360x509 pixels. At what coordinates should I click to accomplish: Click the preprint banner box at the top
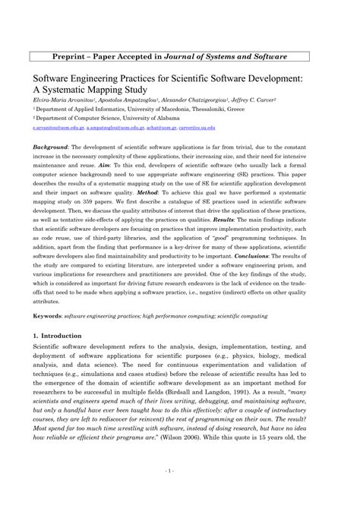tap(180, 57)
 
